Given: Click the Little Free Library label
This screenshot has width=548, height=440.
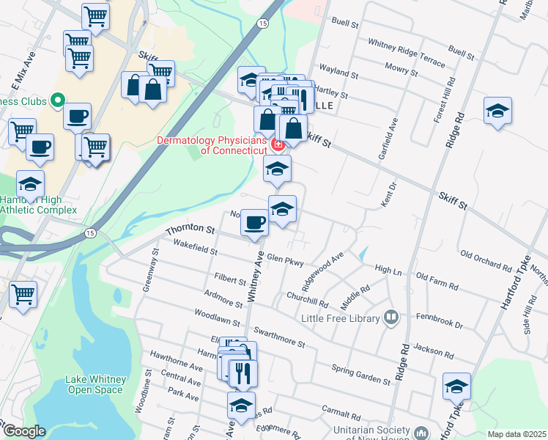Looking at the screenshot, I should click(341, 318).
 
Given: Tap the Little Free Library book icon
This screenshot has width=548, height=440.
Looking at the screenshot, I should click(392, 318).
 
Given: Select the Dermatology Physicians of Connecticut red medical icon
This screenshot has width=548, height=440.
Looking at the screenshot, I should click(278, 144).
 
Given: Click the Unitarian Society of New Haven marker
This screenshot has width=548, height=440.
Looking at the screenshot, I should click(421, 433).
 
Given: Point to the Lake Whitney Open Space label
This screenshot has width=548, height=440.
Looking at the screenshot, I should click(95, 384).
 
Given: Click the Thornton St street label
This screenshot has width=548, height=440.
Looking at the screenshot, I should click(190, 230).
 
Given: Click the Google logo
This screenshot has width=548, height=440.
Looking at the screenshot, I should click(24, 431).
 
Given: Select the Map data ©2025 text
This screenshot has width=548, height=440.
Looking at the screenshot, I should click(516, 434).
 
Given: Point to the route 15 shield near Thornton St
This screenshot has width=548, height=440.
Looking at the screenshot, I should click(90, 232).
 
